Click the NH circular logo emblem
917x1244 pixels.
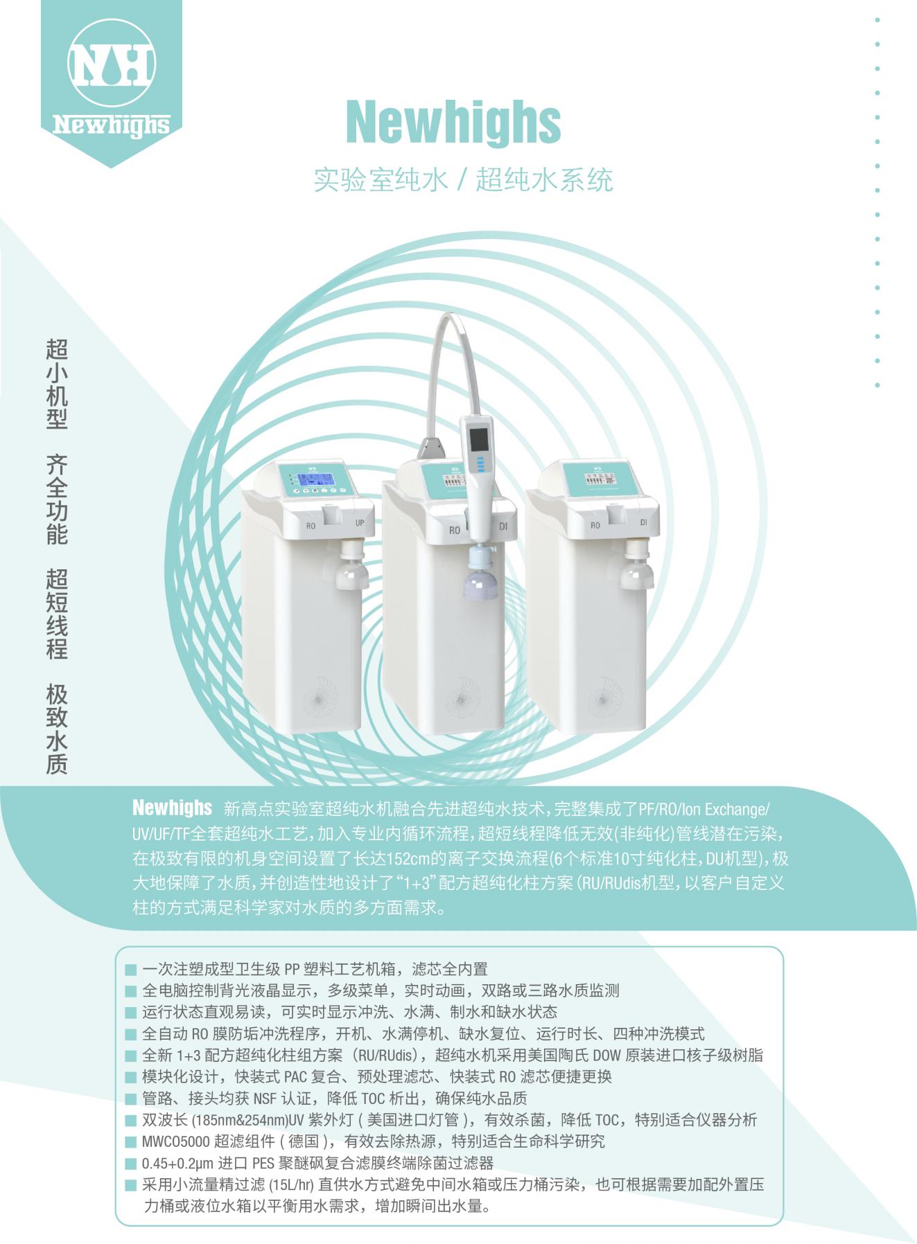pyautogui.click(x=111, y=63)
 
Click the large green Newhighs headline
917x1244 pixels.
pyautogui.click(x=453, y=122)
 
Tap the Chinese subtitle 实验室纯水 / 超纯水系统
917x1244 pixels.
pyautogui.click(x=463, y=179)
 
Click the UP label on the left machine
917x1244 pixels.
pyautogui.click(x=360, y=523)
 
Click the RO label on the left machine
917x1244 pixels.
pyautogui.click(x=311, y=526)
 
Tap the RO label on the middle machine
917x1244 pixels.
pyautogui.click(x=454, y=530)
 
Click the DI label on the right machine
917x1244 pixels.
pyautogui.click(x=643, y=522)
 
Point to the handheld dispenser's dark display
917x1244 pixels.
pyautogui.click(x=478, y=439)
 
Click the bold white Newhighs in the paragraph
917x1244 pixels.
pyautogui.click(x=172, y=808)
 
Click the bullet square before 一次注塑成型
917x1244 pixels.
pyautogui.click(x=130, y=970)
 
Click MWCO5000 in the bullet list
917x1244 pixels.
pyautogui.click(x=175, y=1141)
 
